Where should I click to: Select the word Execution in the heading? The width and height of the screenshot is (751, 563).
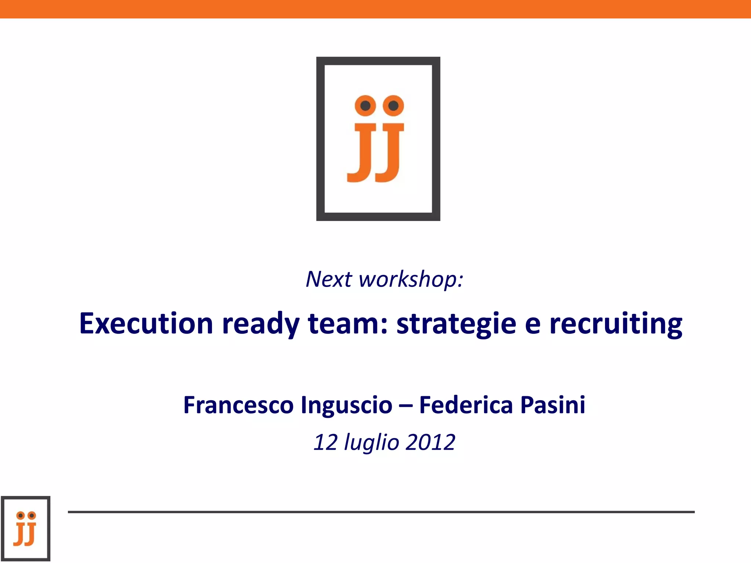[x=146, y=323]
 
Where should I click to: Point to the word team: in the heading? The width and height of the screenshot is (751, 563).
[x=348, y=323]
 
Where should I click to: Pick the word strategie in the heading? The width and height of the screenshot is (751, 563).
[x=457, y=325]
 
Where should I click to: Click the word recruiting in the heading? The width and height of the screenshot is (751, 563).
[x=616, y=325]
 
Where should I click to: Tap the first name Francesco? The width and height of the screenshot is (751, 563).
[x=238, y=405]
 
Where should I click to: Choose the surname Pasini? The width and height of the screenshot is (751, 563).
[x=553, y=405]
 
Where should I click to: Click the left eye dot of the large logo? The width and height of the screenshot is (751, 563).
[x=365, y=106]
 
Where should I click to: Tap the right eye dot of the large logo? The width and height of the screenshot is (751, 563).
[x=393, y=106]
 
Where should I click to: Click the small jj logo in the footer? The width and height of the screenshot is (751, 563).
[x=26, y=528]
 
